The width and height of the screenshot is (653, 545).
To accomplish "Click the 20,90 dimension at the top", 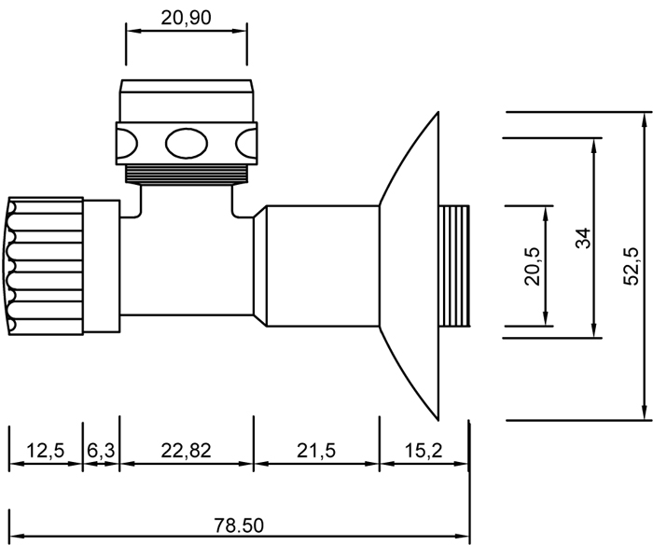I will click(x=186, y=18).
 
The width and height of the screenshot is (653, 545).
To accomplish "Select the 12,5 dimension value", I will click(x=45, y=451).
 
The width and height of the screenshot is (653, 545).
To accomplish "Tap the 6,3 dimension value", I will click(x=102, y=451).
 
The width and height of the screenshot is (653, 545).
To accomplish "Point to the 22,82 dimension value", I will click(x=186, y=451).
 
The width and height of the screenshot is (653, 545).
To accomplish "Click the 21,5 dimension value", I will click(x=316, y=451).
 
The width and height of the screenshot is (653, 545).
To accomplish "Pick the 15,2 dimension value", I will click(x=424, y=451).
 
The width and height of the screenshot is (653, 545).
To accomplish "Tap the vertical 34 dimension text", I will click(x=583, y=237).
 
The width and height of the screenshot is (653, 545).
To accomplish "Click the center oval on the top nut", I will click(x=186, y=144).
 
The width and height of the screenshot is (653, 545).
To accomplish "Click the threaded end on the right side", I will click(x=454, y=266).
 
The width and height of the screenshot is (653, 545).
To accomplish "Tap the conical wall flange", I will click(x=410, y=266).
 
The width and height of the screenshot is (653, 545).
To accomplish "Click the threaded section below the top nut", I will click(x=186, y=175).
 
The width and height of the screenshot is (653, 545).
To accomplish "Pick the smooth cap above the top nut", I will click(x=186, y=101).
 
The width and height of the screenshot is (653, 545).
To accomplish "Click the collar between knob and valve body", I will click(x=102, y=266).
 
